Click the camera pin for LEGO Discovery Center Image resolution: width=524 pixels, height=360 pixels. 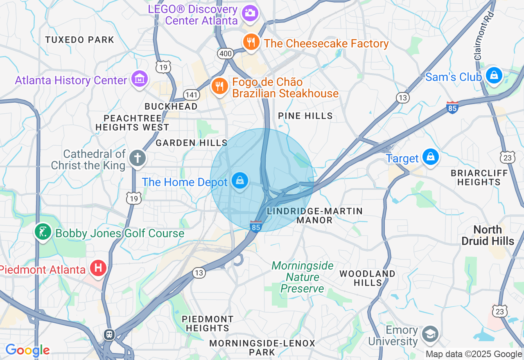tap(250, 13)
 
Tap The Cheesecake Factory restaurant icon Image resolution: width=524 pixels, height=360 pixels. tap(251, 42)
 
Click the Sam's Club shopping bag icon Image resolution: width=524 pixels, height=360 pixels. tap(494, 75)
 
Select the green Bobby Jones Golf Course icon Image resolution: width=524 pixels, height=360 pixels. tap(43, 232)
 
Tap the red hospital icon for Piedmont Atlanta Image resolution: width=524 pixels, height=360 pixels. tap(98, 268)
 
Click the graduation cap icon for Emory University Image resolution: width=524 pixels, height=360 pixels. tap(430, 334)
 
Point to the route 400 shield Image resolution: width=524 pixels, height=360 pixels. tap(226, 53)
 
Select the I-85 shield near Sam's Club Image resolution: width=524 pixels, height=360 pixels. tap(452, 107)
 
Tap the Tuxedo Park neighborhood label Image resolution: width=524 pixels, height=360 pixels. tap(80, 40)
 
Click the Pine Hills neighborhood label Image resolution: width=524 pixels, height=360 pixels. tap(305, 116)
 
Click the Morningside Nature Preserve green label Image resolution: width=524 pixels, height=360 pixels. tap(303, 277)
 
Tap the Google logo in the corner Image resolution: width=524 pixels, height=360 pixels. tap(27, 350)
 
